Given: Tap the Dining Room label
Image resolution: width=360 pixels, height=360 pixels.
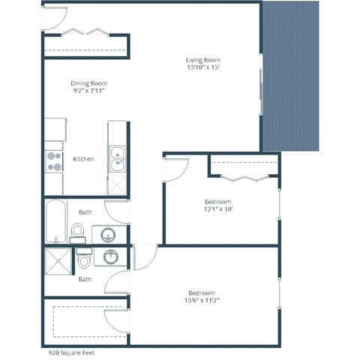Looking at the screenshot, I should pos(89,83).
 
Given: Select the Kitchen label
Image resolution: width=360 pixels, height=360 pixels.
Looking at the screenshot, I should pos(83,159).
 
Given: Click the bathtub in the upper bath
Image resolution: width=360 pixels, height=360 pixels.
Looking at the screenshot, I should pos(56,220).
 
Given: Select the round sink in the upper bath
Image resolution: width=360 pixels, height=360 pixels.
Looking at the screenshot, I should pos(104,233).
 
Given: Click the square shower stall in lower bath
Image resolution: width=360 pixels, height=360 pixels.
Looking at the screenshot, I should pos(58,260).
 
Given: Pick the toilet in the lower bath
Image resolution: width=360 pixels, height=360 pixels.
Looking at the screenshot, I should pos(84,259).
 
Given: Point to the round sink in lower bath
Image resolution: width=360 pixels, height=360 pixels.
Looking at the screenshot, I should pos(110,256).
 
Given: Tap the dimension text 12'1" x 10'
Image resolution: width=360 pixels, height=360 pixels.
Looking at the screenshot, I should pos(217,210).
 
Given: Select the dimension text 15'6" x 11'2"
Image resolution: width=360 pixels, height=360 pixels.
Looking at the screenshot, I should pos(202,301).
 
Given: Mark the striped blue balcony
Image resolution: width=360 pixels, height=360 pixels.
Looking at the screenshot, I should pos(292,75).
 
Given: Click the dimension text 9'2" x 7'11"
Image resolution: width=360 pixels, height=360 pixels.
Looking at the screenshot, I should pos(89,91).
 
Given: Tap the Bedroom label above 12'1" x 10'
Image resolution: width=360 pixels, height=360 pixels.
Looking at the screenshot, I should pos(217,202).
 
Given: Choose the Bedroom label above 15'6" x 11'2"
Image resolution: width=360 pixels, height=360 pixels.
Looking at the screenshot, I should pos(202,292).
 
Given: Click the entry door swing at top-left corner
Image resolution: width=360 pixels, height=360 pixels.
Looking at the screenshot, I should pos(55,15).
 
